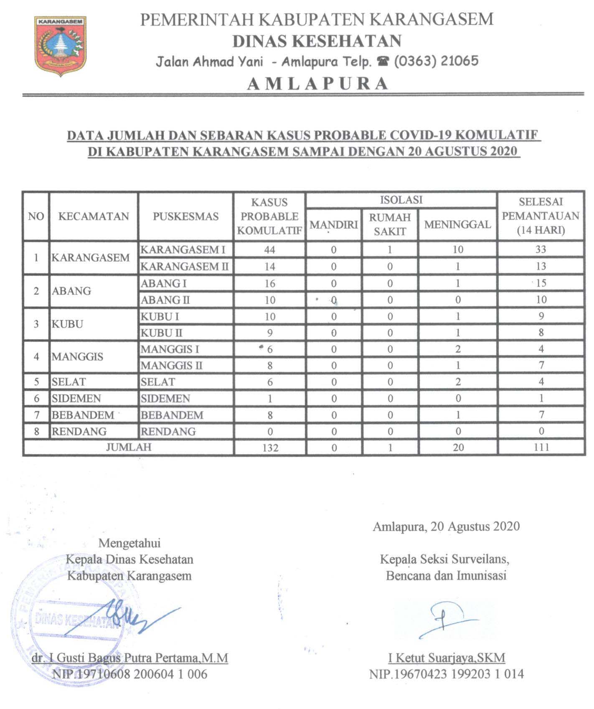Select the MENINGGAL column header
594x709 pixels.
point(457,225)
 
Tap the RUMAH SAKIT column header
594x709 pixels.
point(390,225)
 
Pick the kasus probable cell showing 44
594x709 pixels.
point(270,250)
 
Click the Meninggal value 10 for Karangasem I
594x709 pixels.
point(458,250)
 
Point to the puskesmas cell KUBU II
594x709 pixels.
point(161,333)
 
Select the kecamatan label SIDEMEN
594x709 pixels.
point(76,398)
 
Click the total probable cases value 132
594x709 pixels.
point(270,448)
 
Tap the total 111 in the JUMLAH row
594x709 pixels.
point(541,447)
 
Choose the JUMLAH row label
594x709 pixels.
point(129,447)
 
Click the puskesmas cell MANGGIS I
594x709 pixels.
point(170,349)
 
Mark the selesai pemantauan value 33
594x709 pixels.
point(541,250)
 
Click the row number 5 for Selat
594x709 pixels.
point(36,382)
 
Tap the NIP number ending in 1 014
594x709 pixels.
point(446,674)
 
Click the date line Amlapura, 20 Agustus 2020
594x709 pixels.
point(446,526)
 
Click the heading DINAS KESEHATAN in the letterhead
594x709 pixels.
point(317,41)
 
